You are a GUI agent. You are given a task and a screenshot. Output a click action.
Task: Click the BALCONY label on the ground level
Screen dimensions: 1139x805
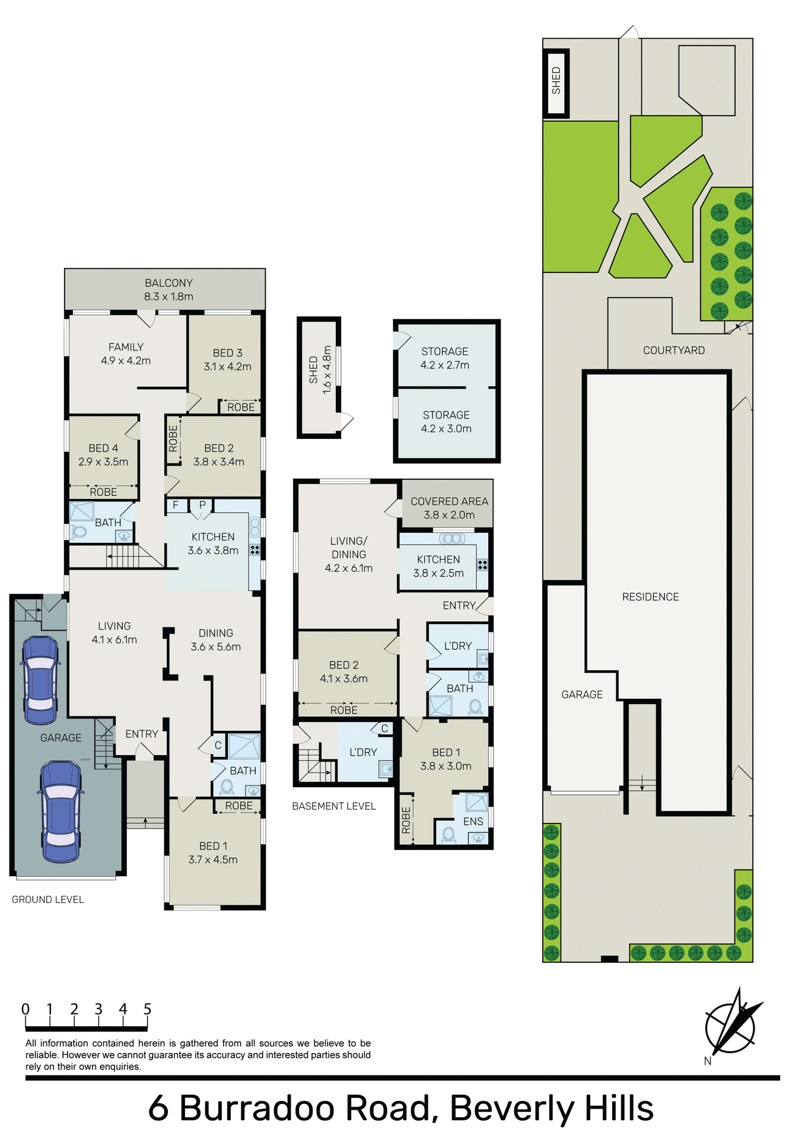[168, 283]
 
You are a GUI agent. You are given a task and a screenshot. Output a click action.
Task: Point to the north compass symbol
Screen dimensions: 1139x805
[731, 1026]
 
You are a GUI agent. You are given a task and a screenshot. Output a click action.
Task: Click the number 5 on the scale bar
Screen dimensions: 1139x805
[147, 1009]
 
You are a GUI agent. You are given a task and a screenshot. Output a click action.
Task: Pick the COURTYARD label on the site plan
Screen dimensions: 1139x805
[673, 351]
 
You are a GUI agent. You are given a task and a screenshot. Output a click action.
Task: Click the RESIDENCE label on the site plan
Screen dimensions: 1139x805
[650, 597]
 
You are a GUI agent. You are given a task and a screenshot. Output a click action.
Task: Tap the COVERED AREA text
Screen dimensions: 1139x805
[449, 501]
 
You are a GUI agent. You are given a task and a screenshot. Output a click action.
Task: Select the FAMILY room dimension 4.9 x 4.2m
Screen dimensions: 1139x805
[126, 361]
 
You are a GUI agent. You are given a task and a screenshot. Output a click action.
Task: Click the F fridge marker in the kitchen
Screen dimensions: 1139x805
[176, 505]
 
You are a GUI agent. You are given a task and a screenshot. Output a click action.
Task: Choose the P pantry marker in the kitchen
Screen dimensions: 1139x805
[202, 505]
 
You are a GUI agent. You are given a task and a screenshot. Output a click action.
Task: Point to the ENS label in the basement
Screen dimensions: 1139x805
[473, 822]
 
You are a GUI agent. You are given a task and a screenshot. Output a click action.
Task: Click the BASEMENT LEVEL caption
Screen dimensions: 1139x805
[333, 806]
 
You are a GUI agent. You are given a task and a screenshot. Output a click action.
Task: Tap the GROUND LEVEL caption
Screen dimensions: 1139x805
[47, 899]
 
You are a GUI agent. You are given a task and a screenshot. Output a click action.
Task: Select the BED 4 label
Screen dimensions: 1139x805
[103, 448]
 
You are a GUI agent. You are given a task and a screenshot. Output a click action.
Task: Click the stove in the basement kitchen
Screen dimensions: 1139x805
[482, 565]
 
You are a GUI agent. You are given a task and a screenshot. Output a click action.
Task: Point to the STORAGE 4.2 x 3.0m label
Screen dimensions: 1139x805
[446, 422]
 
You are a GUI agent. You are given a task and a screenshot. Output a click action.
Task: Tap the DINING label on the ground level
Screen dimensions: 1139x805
[216, 633]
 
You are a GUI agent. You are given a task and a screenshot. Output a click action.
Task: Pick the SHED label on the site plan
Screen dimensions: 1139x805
[556, 81]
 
